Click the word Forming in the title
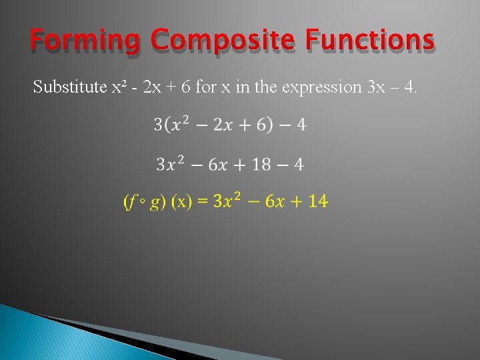coord(85,42)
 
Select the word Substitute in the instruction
coord(69,87)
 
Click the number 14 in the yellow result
coord(319,201)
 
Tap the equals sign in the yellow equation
coord(202,201)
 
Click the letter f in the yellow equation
coord(133,201)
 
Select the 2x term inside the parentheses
coord(223,125)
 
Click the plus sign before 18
coord(238,165)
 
